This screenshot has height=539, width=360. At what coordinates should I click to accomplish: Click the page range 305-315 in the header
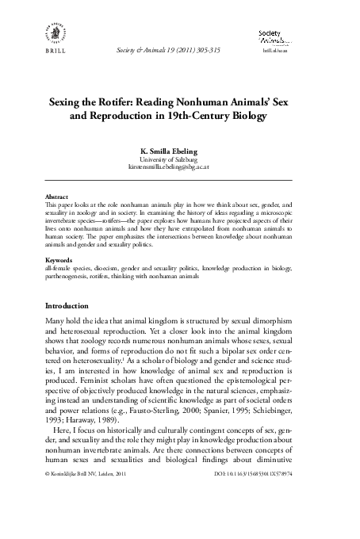tap(213, 50)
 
